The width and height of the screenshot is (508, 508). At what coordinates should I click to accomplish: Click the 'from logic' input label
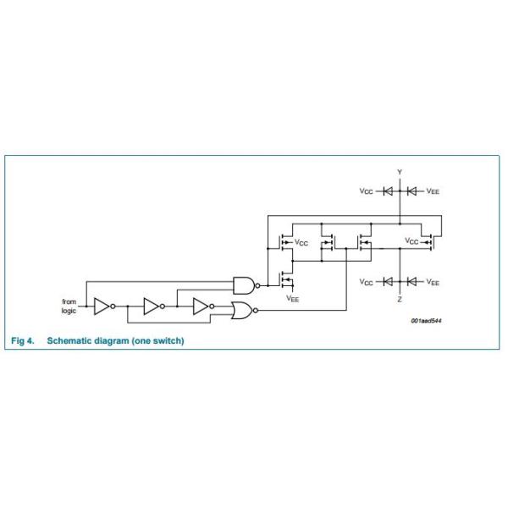69,306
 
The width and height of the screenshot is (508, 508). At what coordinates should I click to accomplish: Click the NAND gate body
244,285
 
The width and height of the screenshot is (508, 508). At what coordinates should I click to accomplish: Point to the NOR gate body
242,311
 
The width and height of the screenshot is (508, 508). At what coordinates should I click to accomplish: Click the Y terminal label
400,172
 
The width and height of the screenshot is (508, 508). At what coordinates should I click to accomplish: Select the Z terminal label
400,299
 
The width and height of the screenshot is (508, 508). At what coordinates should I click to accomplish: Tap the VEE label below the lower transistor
293,298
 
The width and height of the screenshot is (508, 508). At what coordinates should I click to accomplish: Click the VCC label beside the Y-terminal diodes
366,191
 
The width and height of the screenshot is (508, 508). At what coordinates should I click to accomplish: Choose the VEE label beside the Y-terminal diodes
433,191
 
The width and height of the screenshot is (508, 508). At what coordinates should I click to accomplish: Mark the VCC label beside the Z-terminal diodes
366,282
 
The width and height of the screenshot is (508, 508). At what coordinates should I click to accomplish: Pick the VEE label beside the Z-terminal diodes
433,282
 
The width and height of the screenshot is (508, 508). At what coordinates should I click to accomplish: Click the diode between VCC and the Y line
388,191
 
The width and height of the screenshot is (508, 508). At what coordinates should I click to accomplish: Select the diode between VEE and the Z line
411,282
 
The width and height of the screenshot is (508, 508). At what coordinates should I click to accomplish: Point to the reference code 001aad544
426,321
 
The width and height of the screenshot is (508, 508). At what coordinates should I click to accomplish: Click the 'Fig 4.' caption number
23,341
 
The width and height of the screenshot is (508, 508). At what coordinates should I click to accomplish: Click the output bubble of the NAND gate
257,286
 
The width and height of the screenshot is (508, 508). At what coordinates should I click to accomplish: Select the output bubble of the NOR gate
256,311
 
